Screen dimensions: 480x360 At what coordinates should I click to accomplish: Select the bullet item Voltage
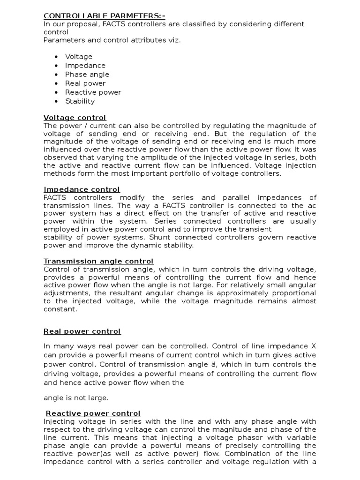pyautogui.click(x=79, y=57)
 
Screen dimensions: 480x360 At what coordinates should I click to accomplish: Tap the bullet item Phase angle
pyautogui.click(x=87, y=75)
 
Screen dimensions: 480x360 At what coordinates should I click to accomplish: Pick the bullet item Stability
pyautogui.click(x=80, y=101)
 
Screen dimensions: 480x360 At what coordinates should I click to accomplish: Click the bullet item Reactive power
pyautogui.click(x=93, y=92)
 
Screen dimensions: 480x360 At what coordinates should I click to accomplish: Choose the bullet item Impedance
pyautogui.click(x=85, y=66)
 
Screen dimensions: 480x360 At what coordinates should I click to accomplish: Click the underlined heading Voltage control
pyautogui.click(x=75, y=118)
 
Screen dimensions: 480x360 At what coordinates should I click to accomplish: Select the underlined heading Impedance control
pyautogui.click(x=82, y=189)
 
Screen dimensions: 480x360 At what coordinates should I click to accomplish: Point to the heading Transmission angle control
pyautogui.click(x=98, y=261)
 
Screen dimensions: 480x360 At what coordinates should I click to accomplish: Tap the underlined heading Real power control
pyautogui.click(x=82, y=331)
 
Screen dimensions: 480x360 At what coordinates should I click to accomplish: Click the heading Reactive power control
pyautogui.click(x=93, y=413)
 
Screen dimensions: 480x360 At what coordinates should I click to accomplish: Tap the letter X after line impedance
pyautogui.click(x=314, y=346)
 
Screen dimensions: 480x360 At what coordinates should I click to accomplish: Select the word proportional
pyautogui.click(x=293, y=293)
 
